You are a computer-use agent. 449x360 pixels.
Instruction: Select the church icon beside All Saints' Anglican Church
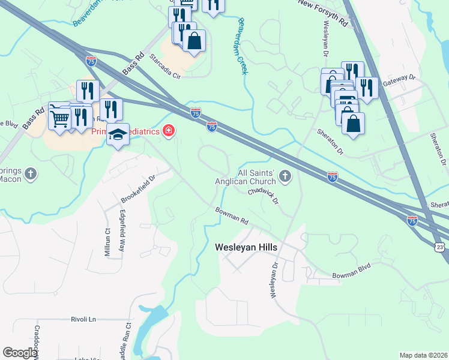click(x=285, y=177)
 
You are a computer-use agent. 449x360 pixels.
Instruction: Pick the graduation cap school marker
click(x=118, y=135)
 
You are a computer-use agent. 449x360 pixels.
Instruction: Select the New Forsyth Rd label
click(x=323, y=13)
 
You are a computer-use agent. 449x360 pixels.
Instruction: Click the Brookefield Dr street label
click(x=138, y=188)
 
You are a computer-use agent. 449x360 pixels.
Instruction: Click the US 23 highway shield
click(x=440, y=247)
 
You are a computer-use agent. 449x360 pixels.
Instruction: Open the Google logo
click(x=20, y=353)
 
